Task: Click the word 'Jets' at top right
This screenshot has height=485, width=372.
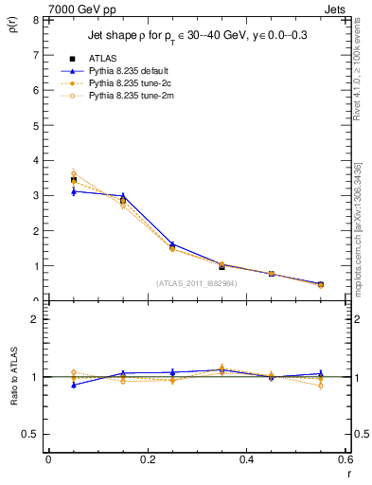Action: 336,9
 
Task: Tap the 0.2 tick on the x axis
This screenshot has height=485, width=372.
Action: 148,460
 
